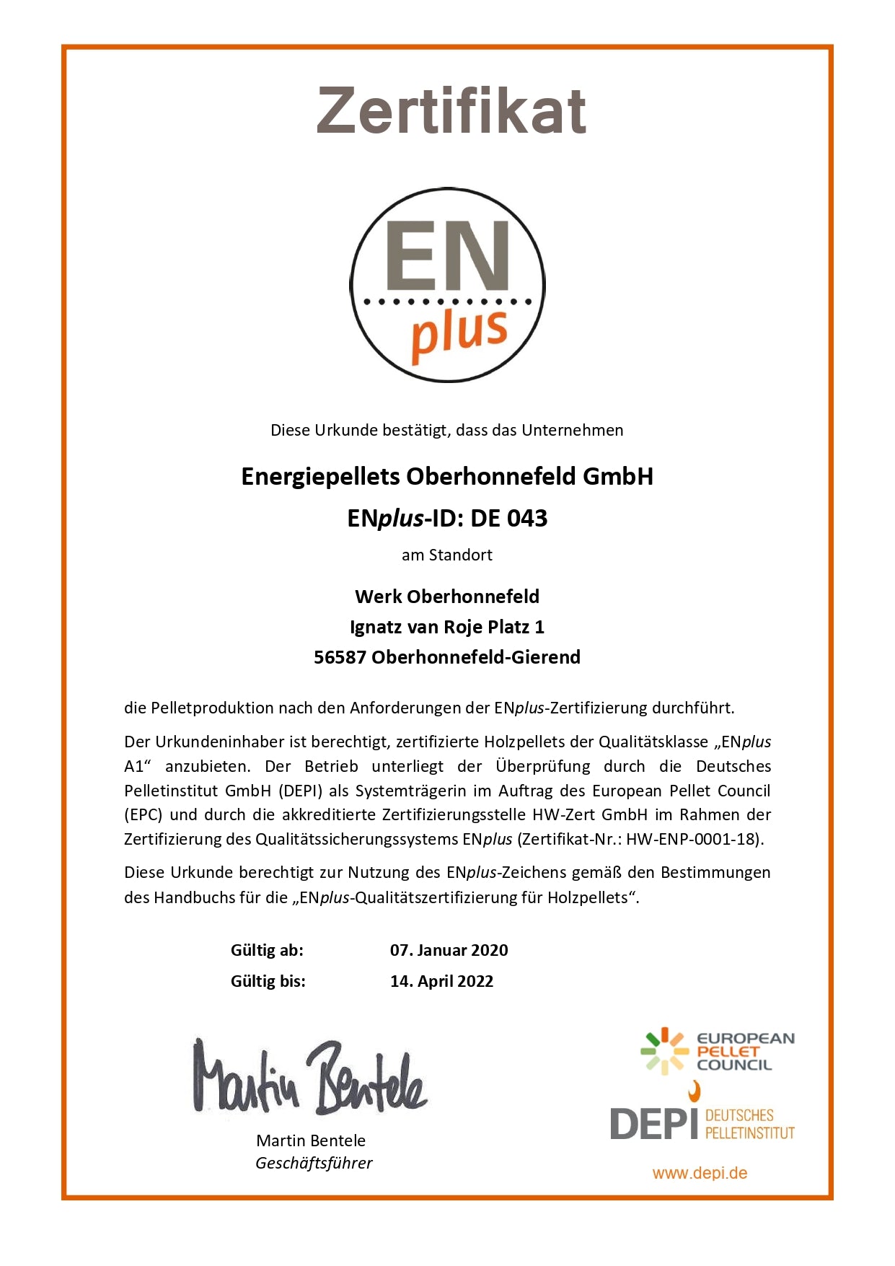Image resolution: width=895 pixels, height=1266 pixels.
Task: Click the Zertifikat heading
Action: (x=451, y=110)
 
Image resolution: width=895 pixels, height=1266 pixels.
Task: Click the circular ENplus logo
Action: (x=447, y=285)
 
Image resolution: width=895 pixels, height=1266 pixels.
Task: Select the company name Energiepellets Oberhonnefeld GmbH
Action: (x=447, y=476)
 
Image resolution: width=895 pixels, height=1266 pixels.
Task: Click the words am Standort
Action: (x=447, y=555)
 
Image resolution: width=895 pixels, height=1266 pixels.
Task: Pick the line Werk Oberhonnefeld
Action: (x=447, y=597)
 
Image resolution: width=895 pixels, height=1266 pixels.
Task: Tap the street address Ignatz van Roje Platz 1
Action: (x=447, y=627)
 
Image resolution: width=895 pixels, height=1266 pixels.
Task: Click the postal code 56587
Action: (x=340, y=657)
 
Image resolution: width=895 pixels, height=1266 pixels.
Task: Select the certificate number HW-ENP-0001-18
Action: (x=692, y=839)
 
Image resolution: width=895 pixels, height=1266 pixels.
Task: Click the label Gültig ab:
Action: (x=267, y=950)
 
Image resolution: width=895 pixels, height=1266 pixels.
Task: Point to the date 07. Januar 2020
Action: (x=449, y=950)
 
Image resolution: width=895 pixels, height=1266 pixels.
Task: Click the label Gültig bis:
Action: (x=268, y=981)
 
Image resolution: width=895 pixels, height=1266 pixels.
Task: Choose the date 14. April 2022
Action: (x=441, y=981)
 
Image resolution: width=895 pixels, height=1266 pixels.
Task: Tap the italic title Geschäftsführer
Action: (x=314, y=1163)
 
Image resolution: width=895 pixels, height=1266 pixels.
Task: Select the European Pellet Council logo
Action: (x=717, y=1051)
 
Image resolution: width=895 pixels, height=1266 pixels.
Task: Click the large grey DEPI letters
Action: (x=653, y=1123)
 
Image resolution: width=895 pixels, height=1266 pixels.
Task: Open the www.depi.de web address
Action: (x=700, y=1173)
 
